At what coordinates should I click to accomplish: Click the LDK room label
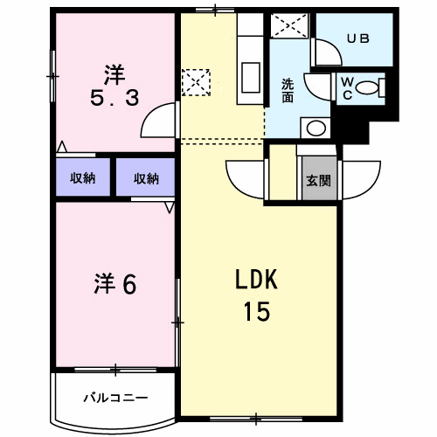pos(256,279)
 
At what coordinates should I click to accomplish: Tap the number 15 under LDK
pos(257,311)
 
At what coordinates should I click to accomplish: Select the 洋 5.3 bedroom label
pos(114,85)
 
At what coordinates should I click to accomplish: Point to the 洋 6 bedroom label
pos(115,284)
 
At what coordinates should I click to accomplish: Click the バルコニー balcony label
pos(115,398)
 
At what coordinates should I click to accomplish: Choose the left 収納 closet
pos(83,177)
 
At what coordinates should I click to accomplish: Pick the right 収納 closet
pos(146,178)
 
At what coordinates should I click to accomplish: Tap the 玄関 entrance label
pos(318,181)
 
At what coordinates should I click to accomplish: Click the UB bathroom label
pos(358,38)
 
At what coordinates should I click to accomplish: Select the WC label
pos(347,88)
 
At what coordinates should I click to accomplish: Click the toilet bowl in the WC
pos(367,87)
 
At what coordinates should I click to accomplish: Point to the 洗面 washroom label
pos(288,91)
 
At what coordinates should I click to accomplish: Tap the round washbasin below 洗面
pos(316,128)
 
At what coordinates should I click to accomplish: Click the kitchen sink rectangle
pos(251,78)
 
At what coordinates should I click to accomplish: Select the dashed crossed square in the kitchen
pos(196,82)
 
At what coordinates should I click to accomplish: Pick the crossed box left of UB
pos(289,25)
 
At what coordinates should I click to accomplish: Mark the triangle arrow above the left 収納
pos(61,147)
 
